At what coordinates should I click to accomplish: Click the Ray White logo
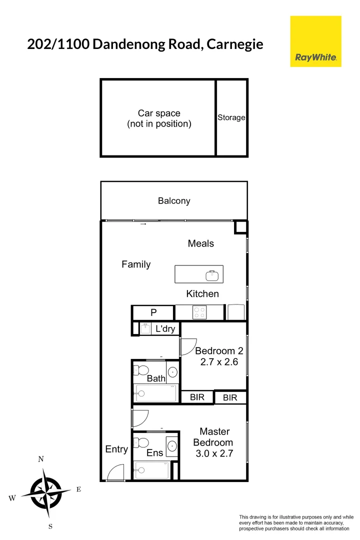[x=315, y=41]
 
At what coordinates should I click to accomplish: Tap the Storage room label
[x=231, y=118]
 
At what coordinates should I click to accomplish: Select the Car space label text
[x=159, y=118]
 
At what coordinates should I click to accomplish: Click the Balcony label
[x=174, y=201]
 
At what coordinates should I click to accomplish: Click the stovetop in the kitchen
[x=199, y=312]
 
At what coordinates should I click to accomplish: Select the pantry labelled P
[x=153, y=313]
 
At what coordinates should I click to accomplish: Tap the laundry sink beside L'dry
[x=145, y=328]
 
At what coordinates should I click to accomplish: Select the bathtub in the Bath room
[x=155, y=393]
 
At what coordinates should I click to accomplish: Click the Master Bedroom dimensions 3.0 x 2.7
[x=214, y=454]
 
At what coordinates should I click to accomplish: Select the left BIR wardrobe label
[x=197, y=398]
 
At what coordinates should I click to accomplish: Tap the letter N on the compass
[x=41, y=459]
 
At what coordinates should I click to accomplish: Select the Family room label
[x=136, y=264]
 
